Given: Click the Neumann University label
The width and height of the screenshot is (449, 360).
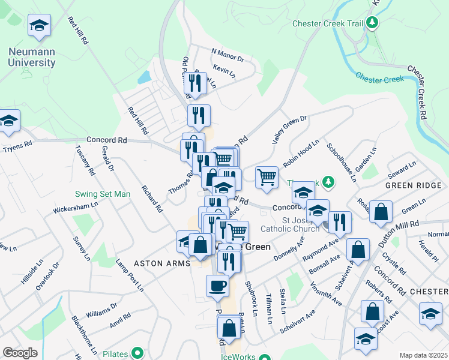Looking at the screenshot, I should click(x=32, y=58).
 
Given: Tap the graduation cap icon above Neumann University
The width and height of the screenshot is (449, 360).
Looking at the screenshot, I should click(x=39, y=26).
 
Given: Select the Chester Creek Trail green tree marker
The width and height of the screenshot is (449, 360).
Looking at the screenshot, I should click(x=373, y=23).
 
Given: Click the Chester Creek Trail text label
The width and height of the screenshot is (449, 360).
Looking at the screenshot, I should click(x=328, y=23).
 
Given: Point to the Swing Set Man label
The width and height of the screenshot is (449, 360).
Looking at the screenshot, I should click(x=102, y=194).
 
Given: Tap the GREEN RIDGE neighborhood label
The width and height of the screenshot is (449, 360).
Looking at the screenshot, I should click(x=413, y=185).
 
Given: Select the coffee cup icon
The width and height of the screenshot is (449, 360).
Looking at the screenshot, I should click(x=217, y=286).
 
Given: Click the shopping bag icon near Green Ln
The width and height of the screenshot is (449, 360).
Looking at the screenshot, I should click(x=381, y=212).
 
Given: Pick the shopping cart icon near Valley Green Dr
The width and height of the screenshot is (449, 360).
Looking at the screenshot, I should click(x=267, y=177).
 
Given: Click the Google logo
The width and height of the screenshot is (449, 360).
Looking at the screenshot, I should click(x=20, y=353).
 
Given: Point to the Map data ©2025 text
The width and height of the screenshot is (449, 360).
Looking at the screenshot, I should click(x=423, y=355).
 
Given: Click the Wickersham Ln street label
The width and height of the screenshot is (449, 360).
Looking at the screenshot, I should click(x=75, y=211).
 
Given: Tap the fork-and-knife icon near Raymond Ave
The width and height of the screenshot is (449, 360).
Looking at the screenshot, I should click(x=340, y=222).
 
